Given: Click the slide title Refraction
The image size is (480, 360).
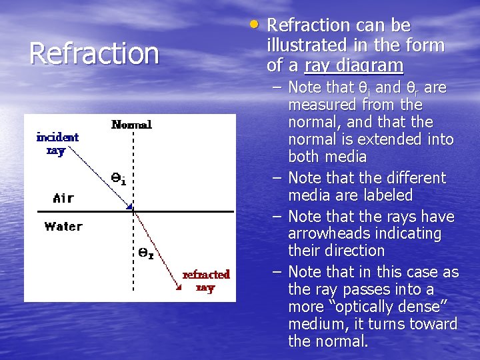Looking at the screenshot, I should coord(94,54).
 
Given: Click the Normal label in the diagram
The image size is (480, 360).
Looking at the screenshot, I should coord(131,124).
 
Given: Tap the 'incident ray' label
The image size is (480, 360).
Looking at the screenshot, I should coord(57,143).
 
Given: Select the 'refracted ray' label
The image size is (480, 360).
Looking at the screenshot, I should coord(206,281).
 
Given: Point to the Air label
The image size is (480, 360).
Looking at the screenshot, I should coord(63,198).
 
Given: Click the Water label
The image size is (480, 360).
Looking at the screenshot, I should coord(63,226).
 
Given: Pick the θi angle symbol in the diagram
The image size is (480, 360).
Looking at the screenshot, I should coord(118,178).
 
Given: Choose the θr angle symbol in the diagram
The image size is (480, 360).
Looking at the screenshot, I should coord(145,253).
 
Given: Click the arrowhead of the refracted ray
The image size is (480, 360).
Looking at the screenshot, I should coord(179,287).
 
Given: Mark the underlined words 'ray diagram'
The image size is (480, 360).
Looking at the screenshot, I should coord(353,65).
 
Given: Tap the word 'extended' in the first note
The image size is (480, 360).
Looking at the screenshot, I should coord(373,140).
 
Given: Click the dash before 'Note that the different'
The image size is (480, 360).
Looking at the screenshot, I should coord(276,178).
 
